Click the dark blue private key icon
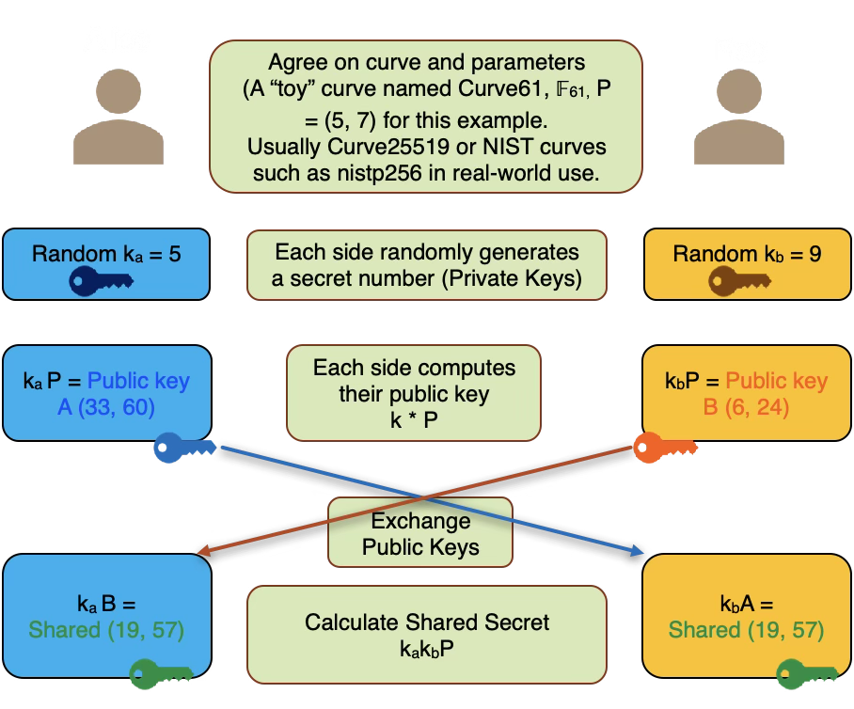click(x=104, y=281)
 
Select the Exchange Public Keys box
click(x=420, y=533)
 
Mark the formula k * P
click(x=414, y=419)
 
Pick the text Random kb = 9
click(x=740, y=254)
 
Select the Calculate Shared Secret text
click(x=426, y=622)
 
